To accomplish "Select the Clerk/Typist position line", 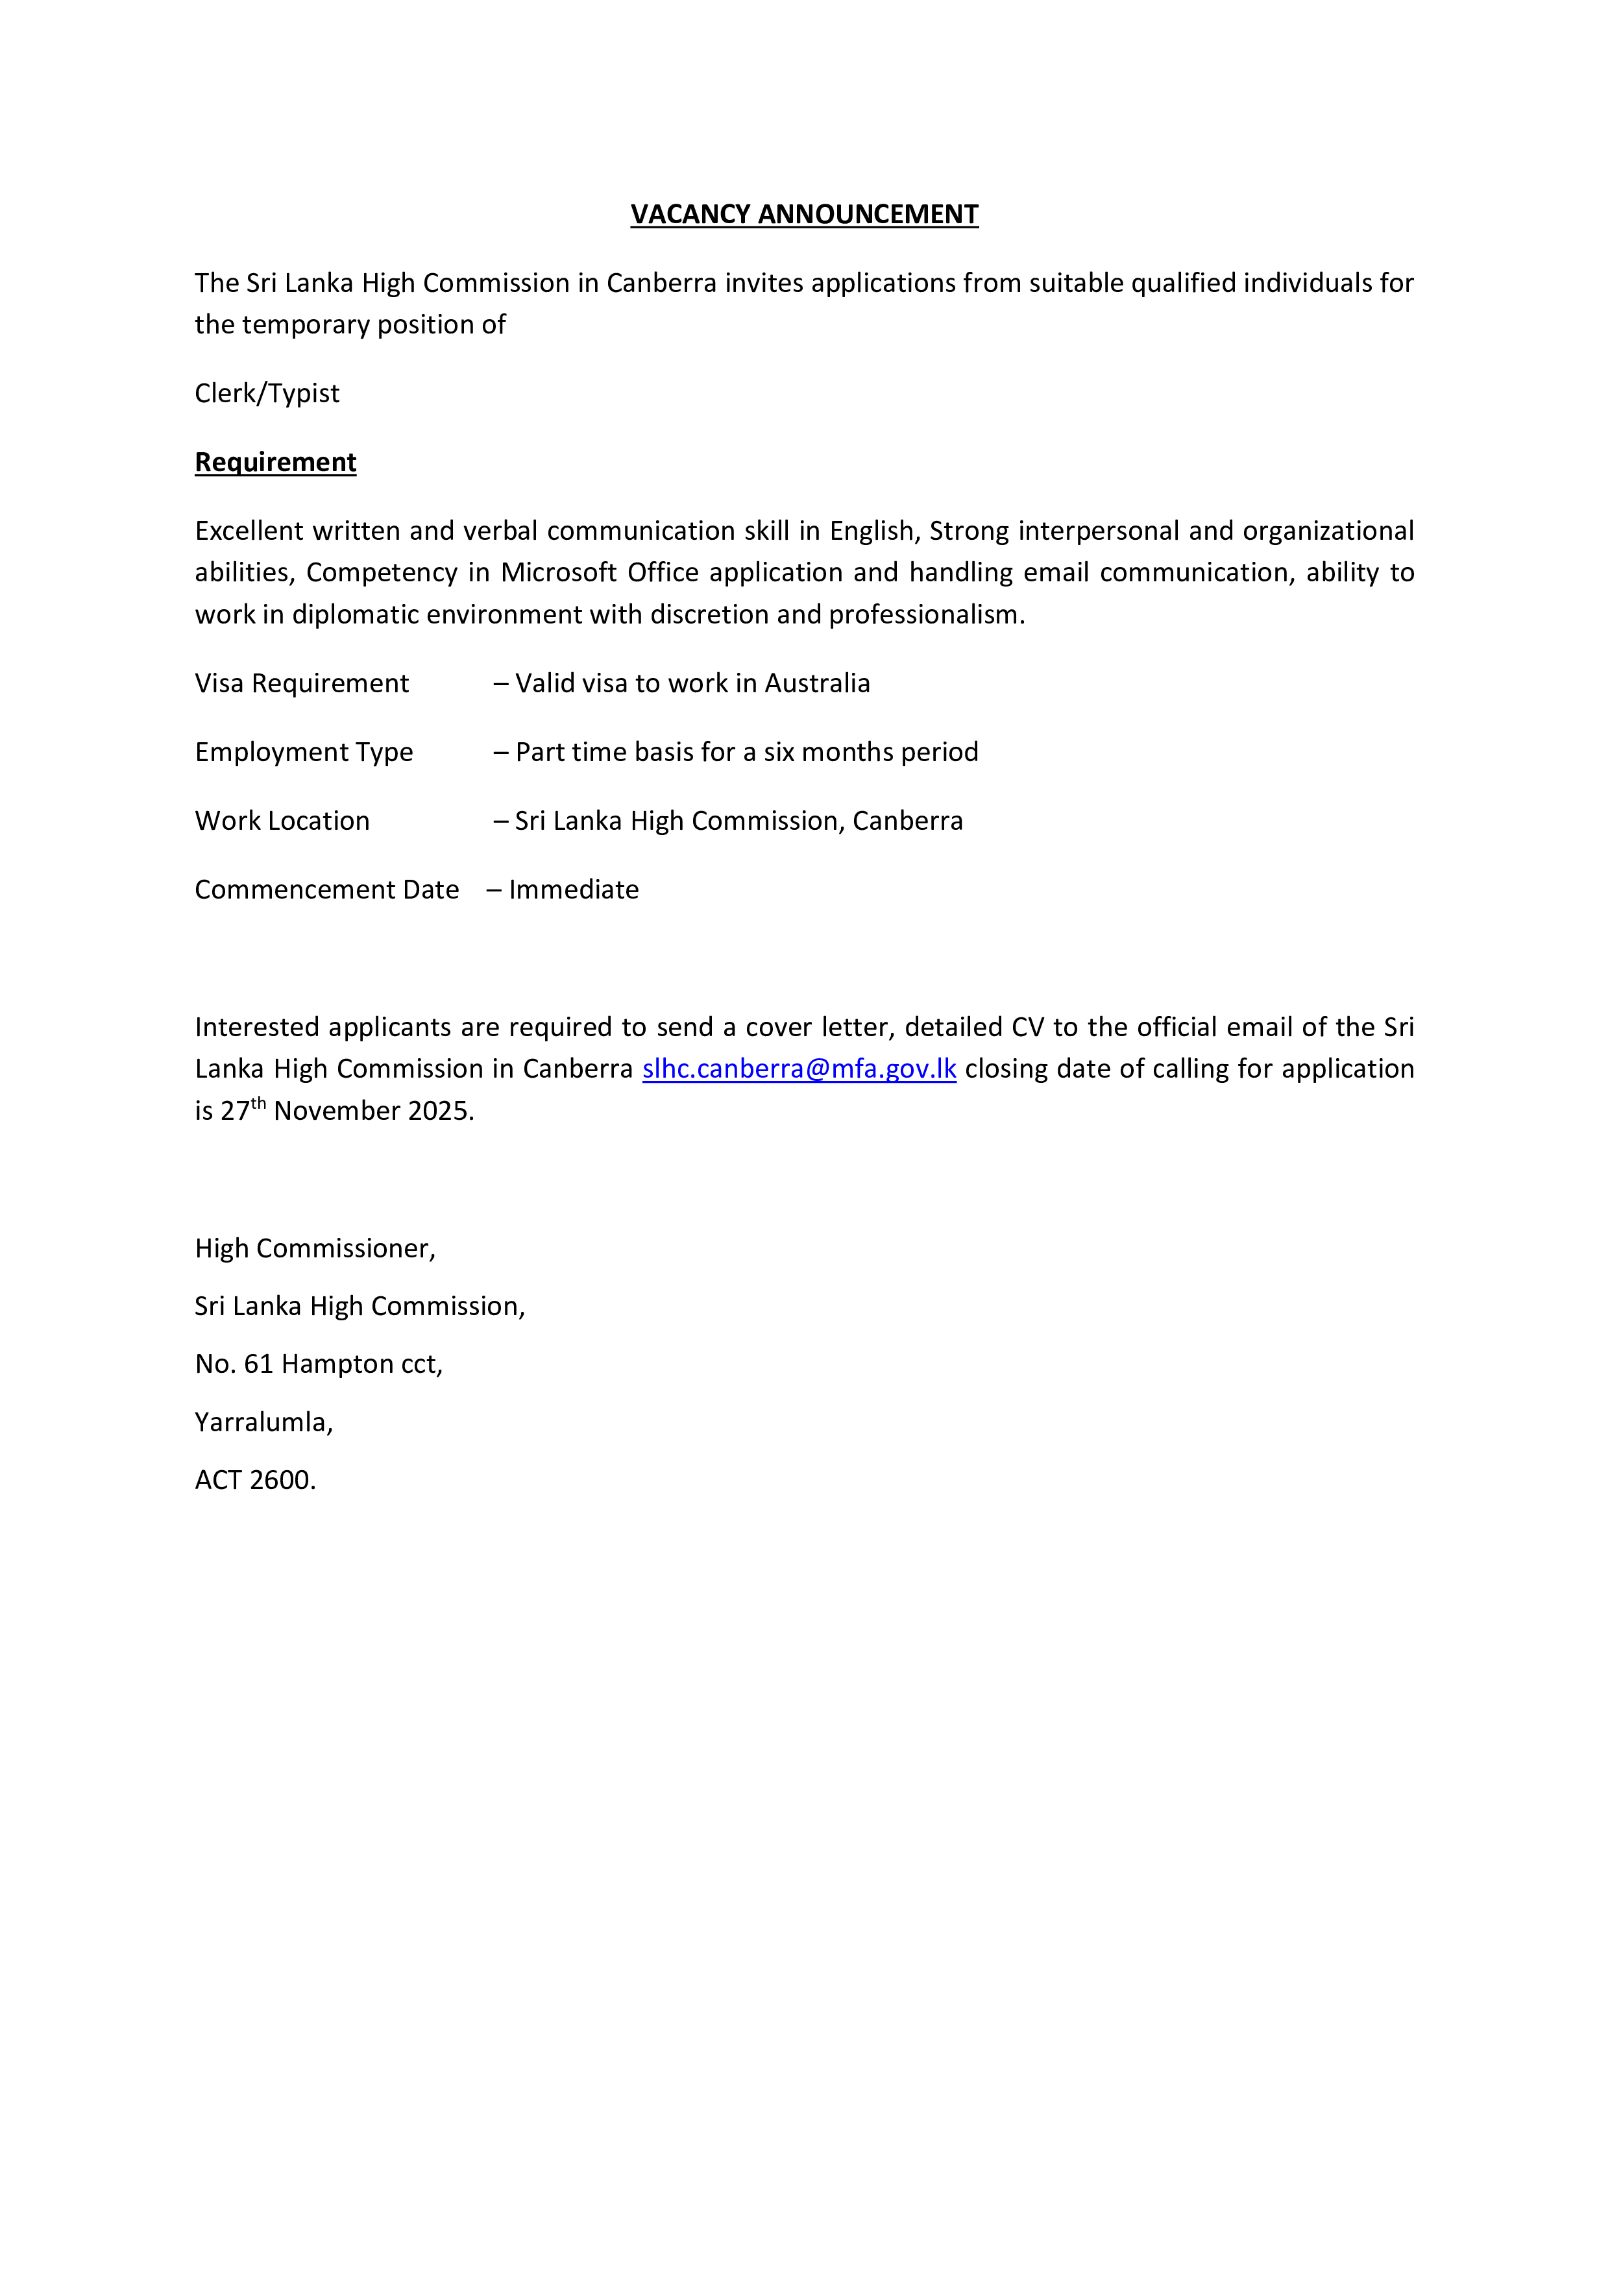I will pos(267,394).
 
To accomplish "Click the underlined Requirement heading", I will pos(276,462).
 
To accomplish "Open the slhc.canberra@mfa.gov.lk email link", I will pos(799,1069).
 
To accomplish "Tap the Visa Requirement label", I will pos(301,683).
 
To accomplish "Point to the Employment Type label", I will pos(303,753).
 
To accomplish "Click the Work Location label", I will pos(282,821).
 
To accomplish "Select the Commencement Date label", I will pos(326,890).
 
